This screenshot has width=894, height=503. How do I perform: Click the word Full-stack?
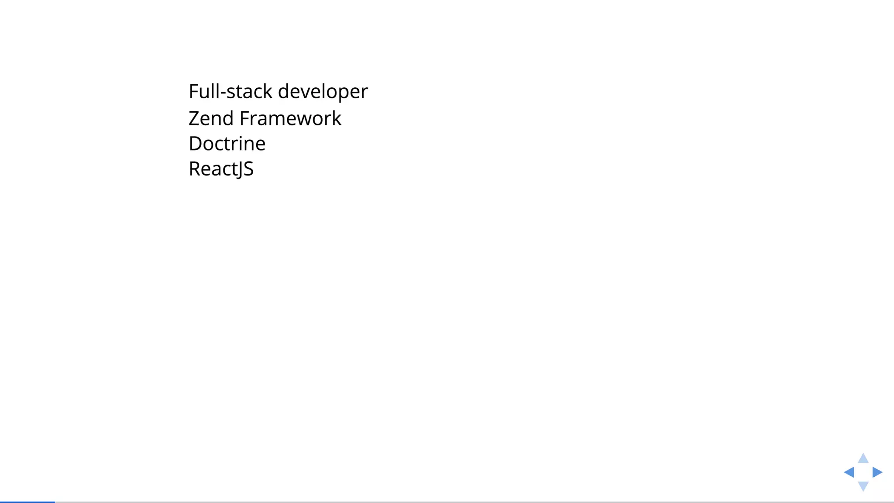pyautogui.click(x=230, y=92)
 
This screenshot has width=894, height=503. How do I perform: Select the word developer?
pyautogui.click(x=323, y=92)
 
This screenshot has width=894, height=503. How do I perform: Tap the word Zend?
pyautogui.click(x=211, y=118)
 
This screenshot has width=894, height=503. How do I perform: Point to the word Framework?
pyautogui.click(x=290, y=118)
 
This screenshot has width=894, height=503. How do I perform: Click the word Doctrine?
pyautogui.click(x=227, y=144)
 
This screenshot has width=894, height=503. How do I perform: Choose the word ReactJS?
pyautogui.click(x=221, y=169)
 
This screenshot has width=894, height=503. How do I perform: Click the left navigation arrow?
pyautogui.click(x=849, y=472)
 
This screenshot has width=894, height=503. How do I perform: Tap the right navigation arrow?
pyautogui.click(x=877, y=472)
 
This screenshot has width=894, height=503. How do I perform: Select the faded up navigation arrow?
pyautogui.click(x=863, y=458)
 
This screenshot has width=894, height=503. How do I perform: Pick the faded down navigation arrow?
pyautogui.click(x=863, y=486)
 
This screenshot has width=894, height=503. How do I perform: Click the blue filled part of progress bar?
pyautogui.click(x=27, y=502)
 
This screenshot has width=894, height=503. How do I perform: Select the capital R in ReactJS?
pyautogui.click(x=195, y=169)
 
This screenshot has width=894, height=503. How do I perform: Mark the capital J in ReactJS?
pyautogui.click(x=238, y=170)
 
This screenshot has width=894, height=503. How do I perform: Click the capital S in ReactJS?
pyautogui.click(x=248, y=169)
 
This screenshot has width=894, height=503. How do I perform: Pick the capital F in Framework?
pyautogui.click(x=244, y=118)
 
